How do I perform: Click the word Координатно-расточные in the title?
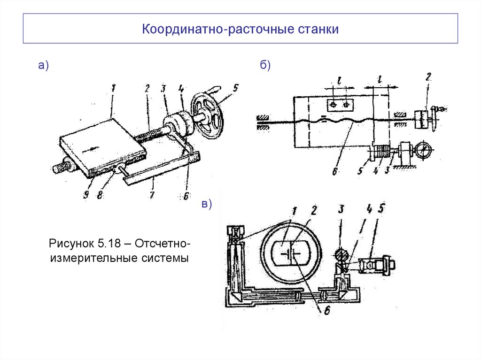[218, 30]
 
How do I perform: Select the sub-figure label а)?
[44, 66]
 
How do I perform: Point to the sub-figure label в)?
[207, 204]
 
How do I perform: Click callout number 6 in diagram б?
[334, 172]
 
